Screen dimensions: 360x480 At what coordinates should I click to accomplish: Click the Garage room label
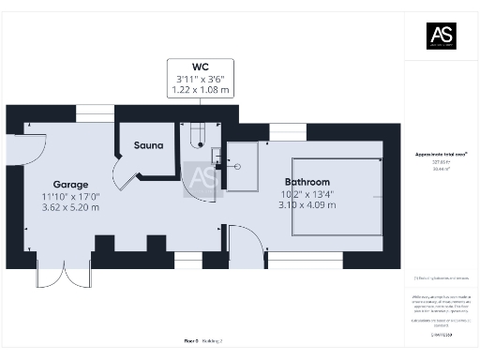click(69, 184)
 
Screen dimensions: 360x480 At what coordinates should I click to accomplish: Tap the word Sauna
click(149, 145)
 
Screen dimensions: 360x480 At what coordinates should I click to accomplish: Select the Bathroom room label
click(307, 181)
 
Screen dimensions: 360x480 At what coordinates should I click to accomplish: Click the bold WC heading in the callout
click(200, 67)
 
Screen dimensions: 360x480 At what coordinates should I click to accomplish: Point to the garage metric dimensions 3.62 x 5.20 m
click(70, 207)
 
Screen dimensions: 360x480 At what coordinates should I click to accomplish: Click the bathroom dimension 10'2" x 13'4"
click(307, 194)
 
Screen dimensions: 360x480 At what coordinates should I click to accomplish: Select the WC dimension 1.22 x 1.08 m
click(200, 90)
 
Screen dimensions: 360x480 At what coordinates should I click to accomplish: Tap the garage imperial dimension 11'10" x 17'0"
click(69, 196)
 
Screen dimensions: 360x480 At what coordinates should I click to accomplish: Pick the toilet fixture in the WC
click(196, 138)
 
